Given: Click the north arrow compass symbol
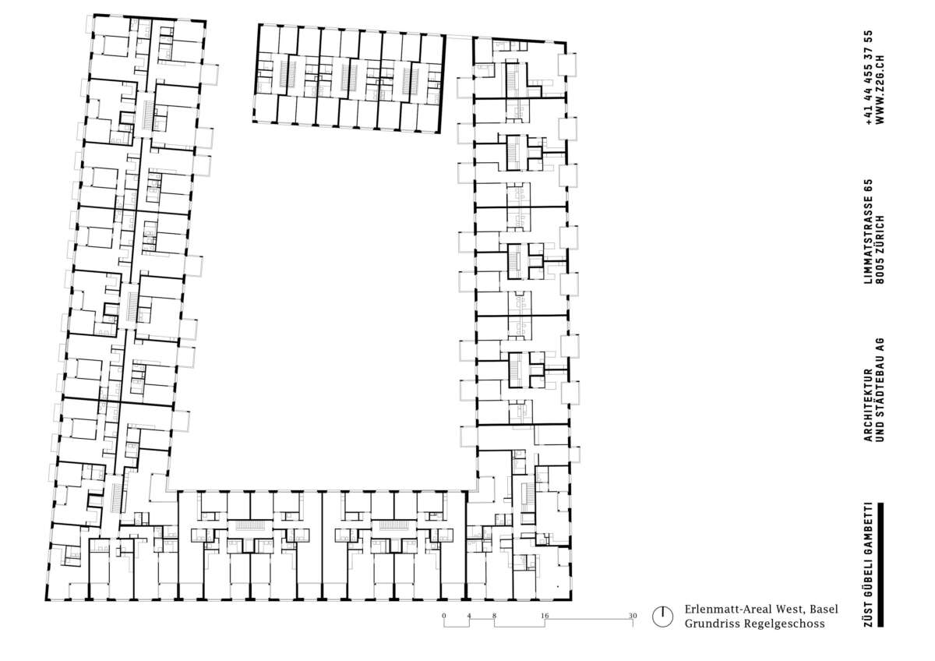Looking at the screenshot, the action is [x=662, y=617].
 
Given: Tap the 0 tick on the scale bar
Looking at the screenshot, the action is [x=443, y=616].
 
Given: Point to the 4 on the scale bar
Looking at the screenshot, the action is [x=469, y=616].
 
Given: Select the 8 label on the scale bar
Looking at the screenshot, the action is [x=494, y=616].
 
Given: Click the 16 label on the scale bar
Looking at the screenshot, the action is [x=545, y=616].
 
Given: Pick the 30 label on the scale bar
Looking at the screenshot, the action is [x=633, y=616].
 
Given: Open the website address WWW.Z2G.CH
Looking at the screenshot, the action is [x=880, y=90].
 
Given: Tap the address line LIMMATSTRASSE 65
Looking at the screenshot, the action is [x=869, y=232].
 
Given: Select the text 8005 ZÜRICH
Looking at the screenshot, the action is [x=880, y=249].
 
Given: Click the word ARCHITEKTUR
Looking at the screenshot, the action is [x=869, y=405].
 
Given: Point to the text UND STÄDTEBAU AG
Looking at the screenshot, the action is [x=880, y=390].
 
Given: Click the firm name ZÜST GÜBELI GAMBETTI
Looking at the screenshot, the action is [x=869, y=564].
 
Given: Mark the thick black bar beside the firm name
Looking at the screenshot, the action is [x=881, y=564].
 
